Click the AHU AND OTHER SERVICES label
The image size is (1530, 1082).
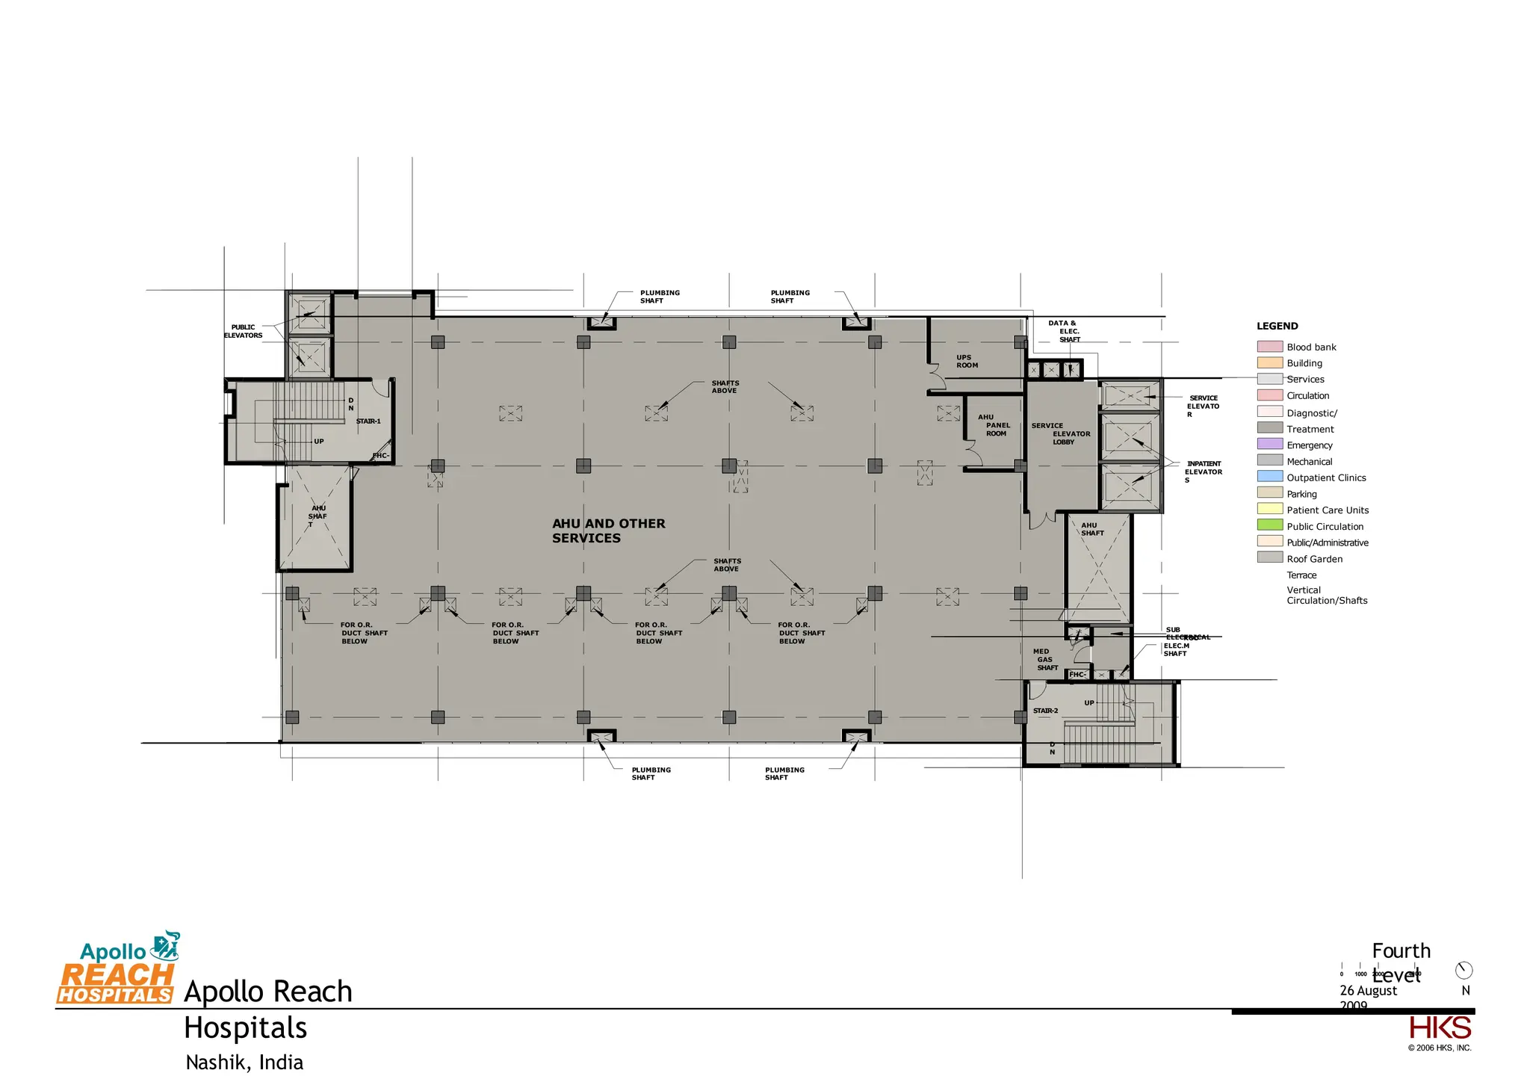pos(608,531)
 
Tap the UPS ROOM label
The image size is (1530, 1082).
pos(967,362)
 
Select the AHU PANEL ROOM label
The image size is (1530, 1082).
pos(994,425)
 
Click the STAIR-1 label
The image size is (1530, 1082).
pos(368,421)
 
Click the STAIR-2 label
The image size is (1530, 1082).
pos(1045,711)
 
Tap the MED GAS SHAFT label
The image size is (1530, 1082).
pos(1045,659)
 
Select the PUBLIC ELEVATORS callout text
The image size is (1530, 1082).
pos(243,331)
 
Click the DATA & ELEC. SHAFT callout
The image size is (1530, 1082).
pos(1065,331)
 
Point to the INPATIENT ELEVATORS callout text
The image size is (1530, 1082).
pos(1204,472)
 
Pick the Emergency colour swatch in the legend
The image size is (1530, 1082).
pos(1269,444)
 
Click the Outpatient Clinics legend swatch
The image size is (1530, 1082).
pos(1269,477)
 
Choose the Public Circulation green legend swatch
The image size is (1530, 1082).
pos(1269,525)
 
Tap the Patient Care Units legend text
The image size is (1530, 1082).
pos(1328,510)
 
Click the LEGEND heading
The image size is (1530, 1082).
pos(1277,326)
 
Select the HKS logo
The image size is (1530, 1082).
pos(1440,1028)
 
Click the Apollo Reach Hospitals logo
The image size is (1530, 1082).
pos(117,969)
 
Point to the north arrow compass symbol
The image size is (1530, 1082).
pos(1464,971)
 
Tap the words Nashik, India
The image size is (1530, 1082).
pos(244,1063)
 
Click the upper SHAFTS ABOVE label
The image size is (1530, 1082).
pos(725,386)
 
